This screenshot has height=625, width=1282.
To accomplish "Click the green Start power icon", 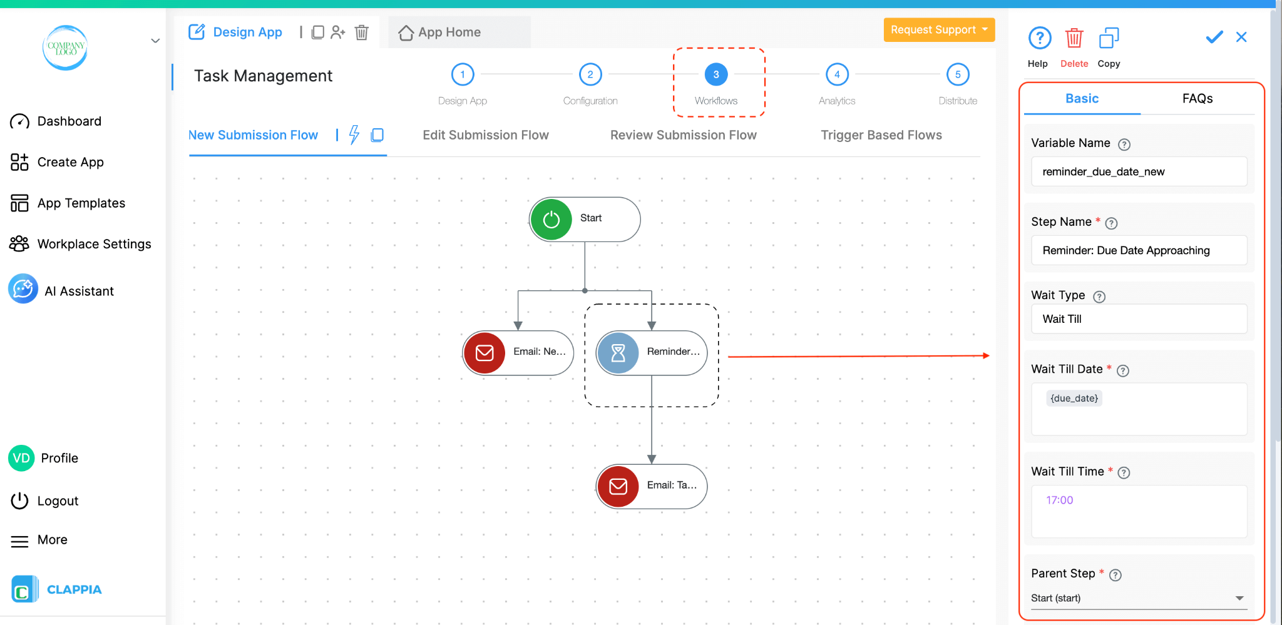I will (551, 220).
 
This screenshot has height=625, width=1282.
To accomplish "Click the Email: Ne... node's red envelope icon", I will (485, 353).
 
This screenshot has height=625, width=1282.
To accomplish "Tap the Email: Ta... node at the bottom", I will (651, 486).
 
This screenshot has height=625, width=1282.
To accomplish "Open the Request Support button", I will (938, 30).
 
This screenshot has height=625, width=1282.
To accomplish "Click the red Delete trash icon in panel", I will (1074, 39).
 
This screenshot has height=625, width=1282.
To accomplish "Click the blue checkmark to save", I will (1214, 38).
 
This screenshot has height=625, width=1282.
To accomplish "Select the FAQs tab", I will (1197, 99).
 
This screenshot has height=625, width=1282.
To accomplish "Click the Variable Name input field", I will (1139, 172).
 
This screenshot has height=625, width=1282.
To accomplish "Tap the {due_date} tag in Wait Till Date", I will (1074, 399).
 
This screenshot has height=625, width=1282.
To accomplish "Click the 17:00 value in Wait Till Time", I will (1059, 501).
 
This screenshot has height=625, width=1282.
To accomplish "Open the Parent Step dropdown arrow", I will (1239, 599).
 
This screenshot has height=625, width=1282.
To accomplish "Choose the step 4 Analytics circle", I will (837, 74).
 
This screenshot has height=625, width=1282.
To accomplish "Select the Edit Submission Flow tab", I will (485, 135).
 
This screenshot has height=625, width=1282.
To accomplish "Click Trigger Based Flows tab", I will (881, 135).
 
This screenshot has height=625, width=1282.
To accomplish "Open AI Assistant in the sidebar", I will (78, 292).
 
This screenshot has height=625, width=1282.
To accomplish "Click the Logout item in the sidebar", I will (58, 501).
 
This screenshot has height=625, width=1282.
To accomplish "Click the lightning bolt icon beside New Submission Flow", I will (354, 135).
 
